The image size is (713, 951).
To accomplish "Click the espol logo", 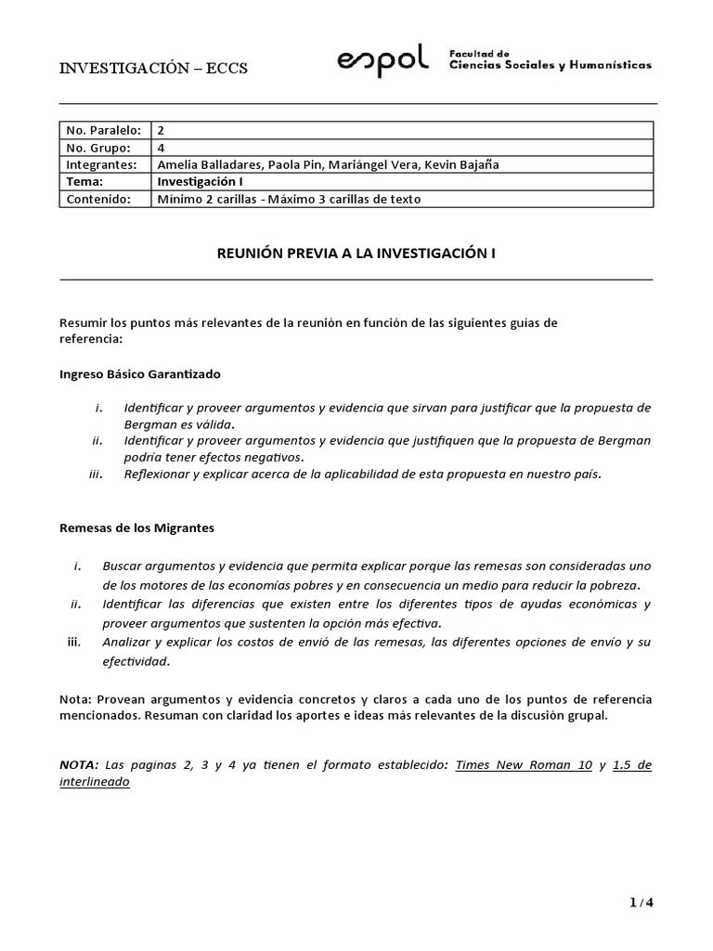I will pyautogui.click(x=382, y=62).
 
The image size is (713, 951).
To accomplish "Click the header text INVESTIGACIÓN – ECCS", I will pyautogui.click(x=153, y=68).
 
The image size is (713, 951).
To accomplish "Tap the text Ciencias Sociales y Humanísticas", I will pyautogui.click(x=550, y=66).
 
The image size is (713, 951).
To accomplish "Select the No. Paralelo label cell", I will pyautogui.click(x=101, y=131).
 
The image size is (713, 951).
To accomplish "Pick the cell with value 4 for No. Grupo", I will pyautogui.click(x=162, y=148).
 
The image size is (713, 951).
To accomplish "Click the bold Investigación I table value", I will pyautogui.click(x=200, y=182).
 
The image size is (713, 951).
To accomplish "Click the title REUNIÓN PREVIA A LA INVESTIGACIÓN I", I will pyautogui.click(x=356, y=253).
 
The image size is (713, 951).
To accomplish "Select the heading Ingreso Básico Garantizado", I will pyautogui.click(x=140, y=373).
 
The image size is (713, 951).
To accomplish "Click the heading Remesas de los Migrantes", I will pyautogui.click(x=136, y=528).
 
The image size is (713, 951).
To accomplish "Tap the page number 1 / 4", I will pyautogui.click(x=641, y=902).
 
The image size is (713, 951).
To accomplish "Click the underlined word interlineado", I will pyautogui.click(x=95, y=782).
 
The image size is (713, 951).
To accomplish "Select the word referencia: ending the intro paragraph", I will pyautogui.click(x=90, y=339).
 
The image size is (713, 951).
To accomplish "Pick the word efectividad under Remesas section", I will pyautogui.click(x=136, y=661).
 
